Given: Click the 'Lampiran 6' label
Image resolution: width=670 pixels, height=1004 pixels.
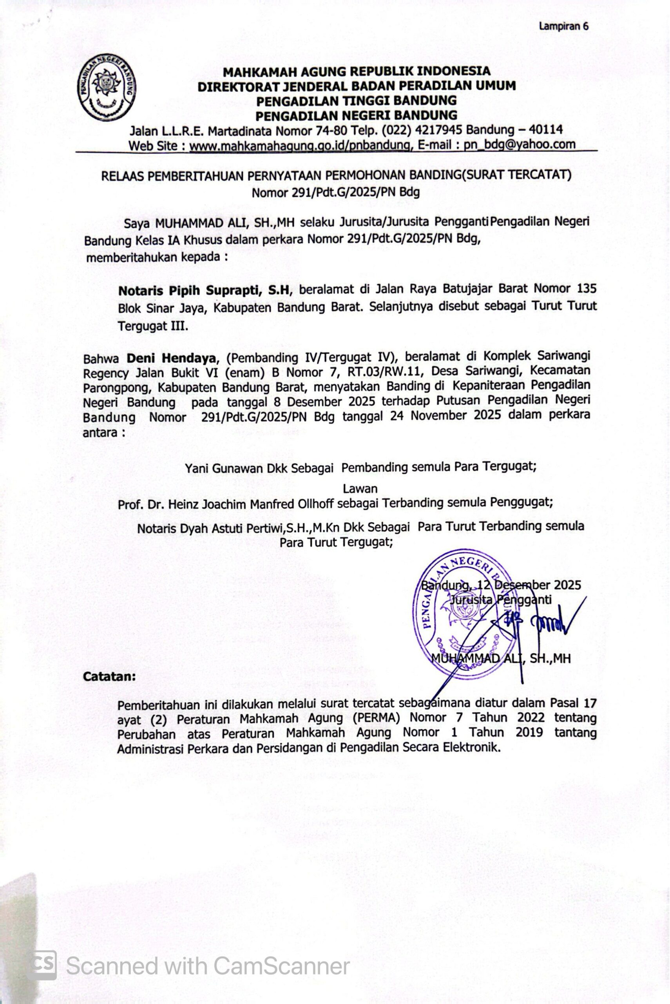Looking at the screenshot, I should (563, 26).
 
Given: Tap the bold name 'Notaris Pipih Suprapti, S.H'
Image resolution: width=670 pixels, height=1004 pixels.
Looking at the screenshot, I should (204, 290).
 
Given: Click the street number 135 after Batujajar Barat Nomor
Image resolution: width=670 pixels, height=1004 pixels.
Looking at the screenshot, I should (586, 288).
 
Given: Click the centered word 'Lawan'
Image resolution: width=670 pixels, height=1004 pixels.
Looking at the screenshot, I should (360, 488).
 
